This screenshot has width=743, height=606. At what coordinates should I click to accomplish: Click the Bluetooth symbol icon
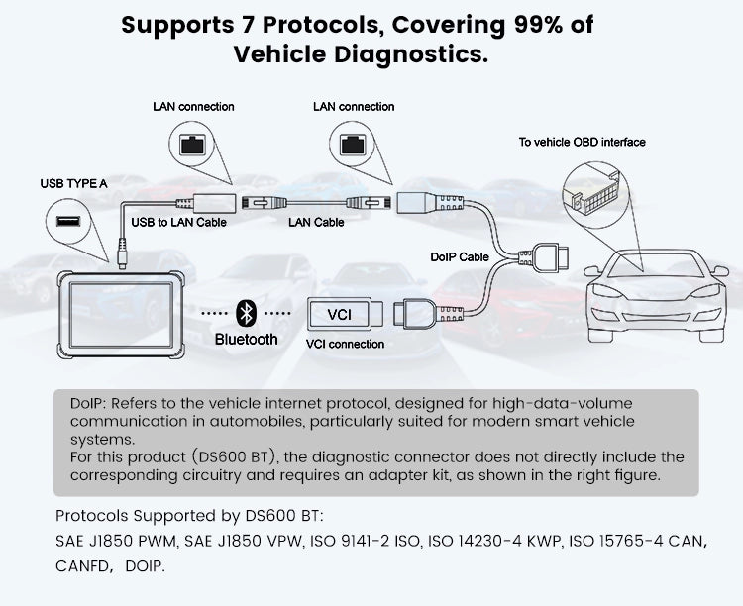pos(246,314)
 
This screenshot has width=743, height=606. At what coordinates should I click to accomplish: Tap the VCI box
pos(339,315)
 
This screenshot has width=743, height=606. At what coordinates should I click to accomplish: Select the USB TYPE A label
pos(73,183)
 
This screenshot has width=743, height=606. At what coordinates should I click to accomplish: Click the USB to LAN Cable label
pos(179,222)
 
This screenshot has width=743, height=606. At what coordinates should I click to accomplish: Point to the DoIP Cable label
pos(460,256)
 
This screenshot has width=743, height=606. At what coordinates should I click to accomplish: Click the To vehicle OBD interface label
pos(582,142)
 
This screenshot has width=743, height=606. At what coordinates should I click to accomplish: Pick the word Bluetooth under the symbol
pos(247,339)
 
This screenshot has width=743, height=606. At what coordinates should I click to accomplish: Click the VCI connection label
pos(346,344)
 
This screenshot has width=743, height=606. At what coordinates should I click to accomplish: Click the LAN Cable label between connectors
pos(316,222)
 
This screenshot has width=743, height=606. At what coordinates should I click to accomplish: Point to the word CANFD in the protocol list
pos(84,566)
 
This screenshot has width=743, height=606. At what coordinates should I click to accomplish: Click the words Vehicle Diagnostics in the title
pos(362,54)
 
